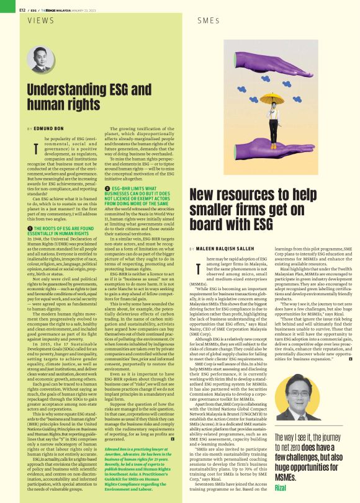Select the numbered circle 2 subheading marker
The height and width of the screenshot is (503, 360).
click(107, 187)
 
